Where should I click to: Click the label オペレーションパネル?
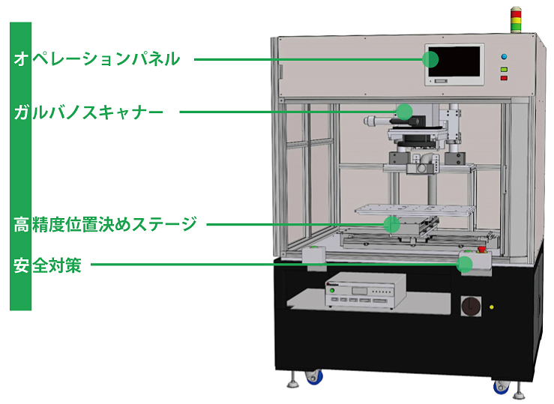(97, 58)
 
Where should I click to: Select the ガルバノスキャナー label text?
(88, 112)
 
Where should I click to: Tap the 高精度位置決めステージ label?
(105, 223)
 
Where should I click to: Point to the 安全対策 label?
(46, 265)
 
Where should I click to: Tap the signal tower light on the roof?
(515, 20)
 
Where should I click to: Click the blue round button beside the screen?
(505, 55)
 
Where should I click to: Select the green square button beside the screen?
(505, 68)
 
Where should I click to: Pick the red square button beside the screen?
(505, 77)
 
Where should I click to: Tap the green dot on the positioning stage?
(391, 223)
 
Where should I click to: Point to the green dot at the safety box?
(466, 264)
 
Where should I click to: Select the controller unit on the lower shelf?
(363, 289)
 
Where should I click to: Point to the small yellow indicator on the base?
(492, 306)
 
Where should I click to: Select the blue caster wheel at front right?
(501, 386)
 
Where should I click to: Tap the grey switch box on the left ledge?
(313, 255)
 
